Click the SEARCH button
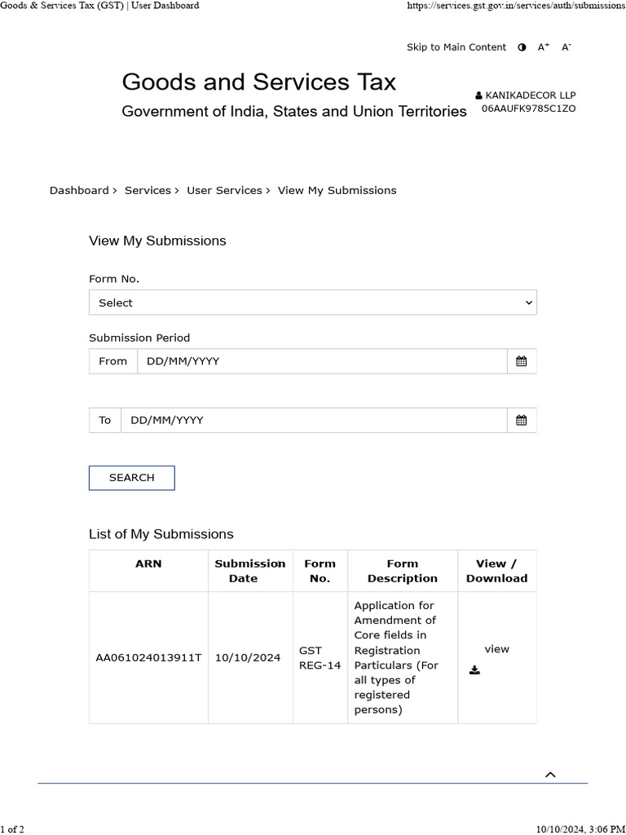click(131, 478)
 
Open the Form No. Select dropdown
click(312, 303)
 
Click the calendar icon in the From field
click(521, 361)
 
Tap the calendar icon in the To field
click(521, 420)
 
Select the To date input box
click(313, 420)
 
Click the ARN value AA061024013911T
click(148, 658)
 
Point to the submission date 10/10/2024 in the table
click(248, 658)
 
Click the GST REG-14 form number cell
click(320, 658)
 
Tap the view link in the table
click(496, 649)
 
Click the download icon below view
click(475, 670)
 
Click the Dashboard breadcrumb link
click(78, 190)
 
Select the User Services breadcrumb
click(224, 190)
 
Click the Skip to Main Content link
click(456, 47)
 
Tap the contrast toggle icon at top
click(522, 47)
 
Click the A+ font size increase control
click(543, 47)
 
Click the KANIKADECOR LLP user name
click(530, 95)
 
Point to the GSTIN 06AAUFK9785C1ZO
click(528, 108)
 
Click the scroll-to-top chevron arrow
click(550, 775)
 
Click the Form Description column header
click(402, 571)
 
